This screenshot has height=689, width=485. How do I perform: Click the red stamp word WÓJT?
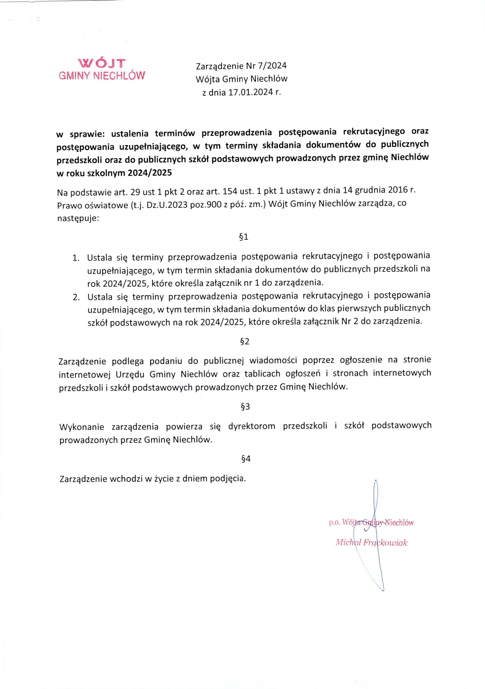[x=102, y=63]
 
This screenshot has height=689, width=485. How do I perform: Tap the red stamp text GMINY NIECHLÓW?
[x=102, y=76]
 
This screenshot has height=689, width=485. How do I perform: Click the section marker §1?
[x=243, y=237]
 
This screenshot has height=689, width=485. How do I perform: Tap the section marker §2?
[x=245, y=341]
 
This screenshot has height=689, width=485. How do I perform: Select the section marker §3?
[x=245, y=407]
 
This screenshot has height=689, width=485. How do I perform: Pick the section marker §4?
[x=245, y=459]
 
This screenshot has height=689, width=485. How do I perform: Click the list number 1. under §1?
[x=76, y=258]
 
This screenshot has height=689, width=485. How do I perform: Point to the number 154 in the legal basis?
[x=230, y=191]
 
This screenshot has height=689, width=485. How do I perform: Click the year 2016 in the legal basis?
[x=398, y=190]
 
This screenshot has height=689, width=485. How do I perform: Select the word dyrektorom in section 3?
[x=251, y=426]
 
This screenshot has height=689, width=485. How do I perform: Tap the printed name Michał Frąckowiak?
[x=371, y=543]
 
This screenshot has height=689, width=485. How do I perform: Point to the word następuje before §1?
[x=78, y=218]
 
